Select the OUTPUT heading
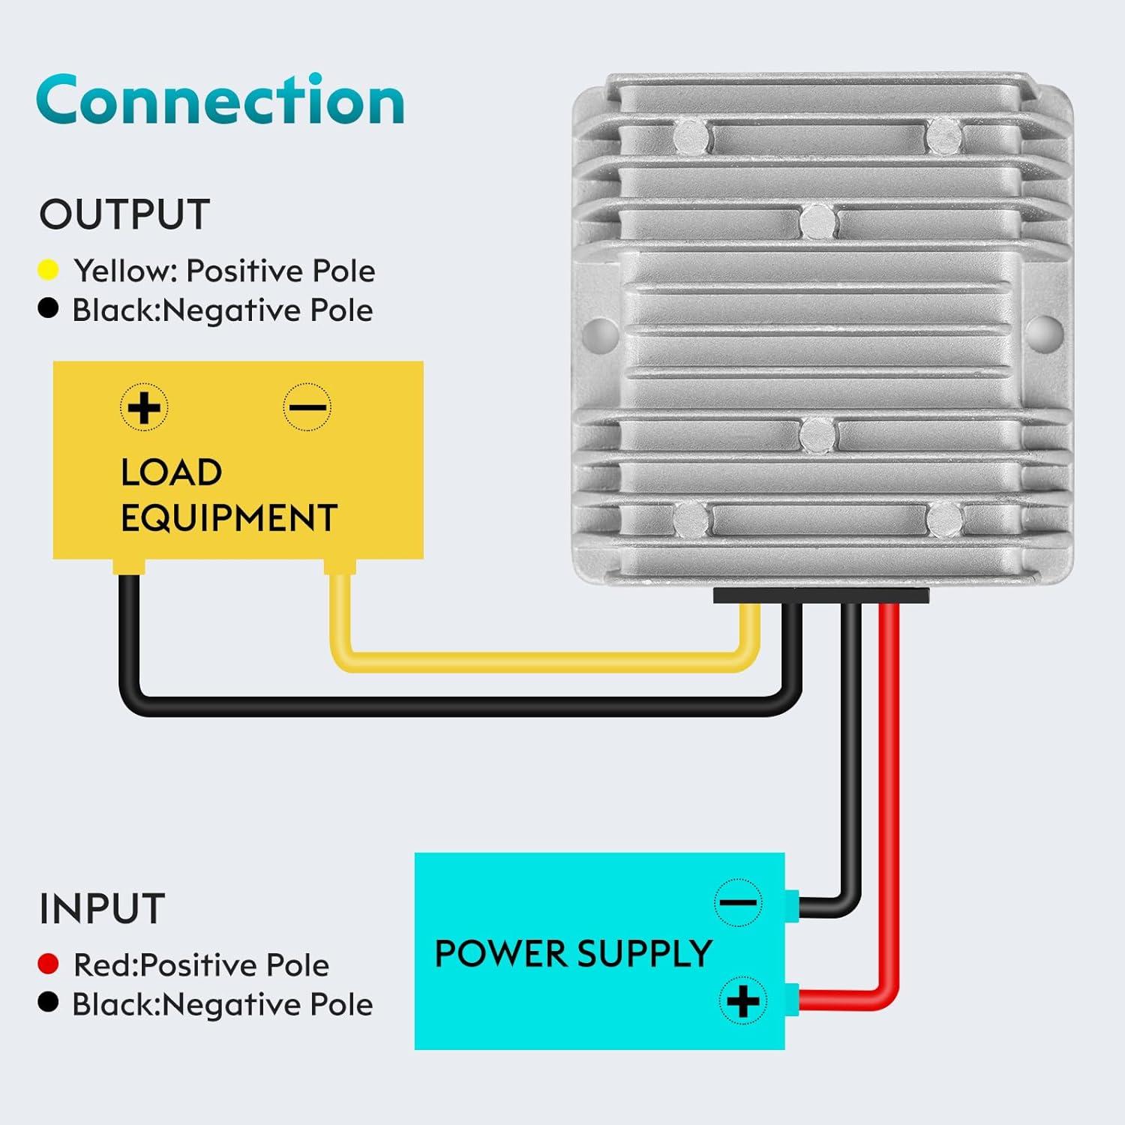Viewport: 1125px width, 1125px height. point(124,215)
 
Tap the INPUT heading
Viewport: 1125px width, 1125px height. point(102,909)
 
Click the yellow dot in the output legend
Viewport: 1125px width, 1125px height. point(48,270)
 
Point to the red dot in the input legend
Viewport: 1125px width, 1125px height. point(48,964)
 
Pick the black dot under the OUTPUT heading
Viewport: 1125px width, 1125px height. point(48,309)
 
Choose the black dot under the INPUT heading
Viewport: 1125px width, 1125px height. point(48,1003)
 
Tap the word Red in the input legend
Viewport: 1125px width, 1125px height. point(103,965)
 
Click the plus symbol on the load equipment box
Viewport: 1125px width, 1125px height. point(144,407)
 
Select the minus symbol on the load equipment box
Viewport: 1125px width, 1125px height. point(307,407)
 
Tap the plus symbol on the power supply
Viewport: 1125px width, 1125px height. point(742,1000)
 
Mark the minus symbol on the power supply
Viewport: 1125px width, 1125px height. point(739,901)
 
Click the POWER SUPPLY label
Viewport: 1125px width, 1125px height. point(573,954)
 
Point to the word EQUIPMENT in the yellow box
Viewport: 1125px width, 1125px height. point(229,518)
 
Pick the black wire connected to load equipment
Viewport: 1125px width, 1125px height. point(450,706)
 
